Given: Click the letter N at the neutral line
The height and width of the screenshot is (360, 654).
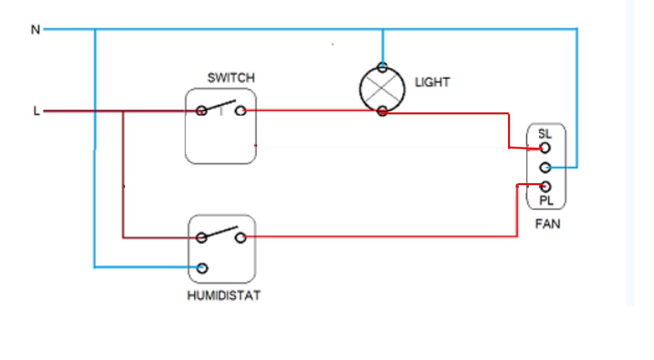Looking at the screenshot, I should coord(35,30).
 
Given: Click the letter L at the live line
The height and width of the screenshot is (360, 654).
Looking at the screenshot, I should coord(36,112).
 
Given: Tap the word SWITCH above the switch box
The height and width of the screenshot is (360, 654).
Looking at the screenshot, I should coord(231,78).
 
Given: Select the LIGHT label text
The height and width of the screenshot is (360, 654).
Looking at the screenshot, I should coord(432,82).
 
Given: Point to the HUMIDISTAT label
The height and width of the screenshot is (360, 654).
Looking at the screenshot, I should coord(224,296).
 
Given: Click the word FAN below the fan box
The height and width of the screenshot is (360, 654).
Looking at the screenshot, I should coord(547,224).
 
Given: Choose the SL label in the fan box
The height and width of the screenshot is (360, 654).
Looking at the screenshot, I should coord(545,134).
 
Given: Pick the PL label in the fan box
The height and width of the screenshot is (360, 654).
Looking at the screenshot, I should coord(546,201).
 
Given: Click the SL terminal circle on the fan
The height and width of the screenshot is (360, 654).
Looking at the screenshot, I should coord(545,148).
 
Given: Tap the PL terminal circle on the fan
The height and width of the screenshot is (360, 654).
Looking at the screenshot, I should coord(546,187).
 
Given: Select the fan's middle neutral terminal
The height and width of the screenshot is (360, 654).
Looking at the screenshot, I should coord(546,167).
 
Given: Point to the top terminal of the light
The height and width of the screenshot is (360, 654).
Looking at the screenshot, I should coord(382,67).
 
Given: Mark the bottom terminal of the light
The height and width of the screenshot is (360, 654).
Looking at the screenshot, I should coord(382,112).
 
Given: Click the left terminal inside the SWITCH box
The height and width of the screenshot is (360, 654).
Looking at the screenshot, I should coord(202,111).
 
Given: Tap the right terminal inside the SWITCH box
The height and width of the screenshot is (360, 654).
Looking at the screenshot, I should coord(240,111).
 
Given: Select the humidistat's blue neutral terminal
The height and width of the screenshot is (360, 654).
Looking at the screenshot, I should coord(202,268).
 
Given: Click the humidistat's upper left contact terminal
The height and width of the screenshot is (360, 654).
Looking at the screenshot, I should coord(202,238).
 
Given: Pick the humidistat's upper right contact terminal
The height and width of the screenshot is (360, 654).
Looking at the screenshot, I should coord(240,238).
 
